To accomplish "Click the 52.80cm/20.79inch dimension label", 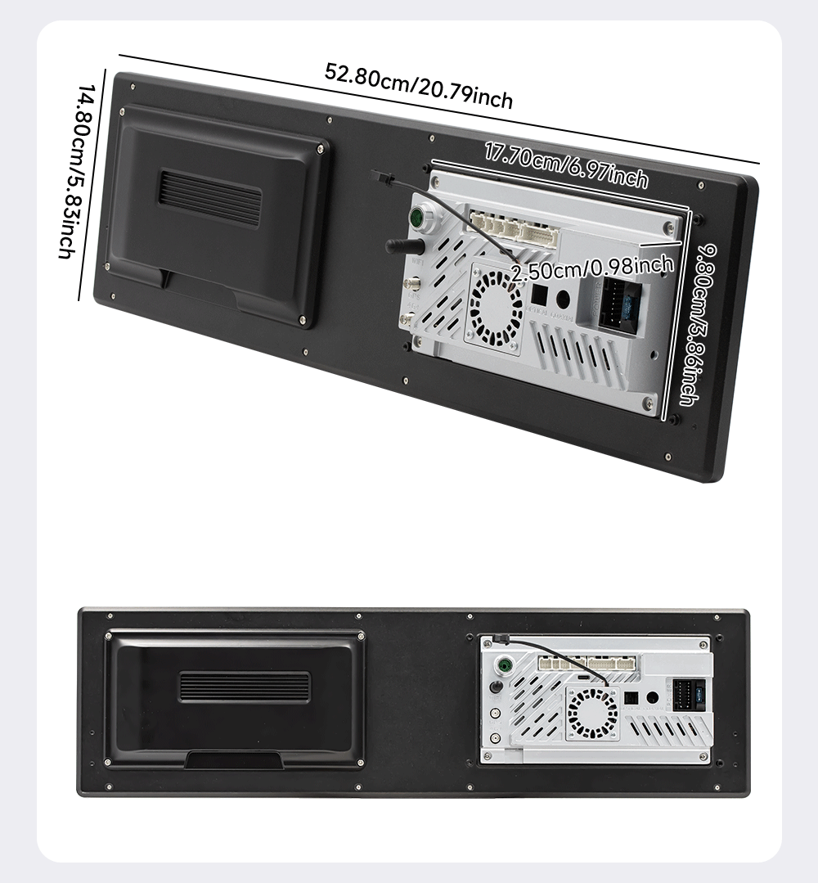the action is point(419,84).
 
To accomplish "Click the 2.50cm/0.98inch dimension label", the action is point(591,267).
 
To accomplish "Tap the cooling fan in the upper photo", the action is point(494,306).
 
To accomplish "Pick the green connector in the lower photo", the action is point(506,665).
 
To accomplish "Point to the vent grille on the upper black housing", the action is point(209,198).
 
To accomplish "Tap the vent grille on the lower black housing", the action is point(245,687).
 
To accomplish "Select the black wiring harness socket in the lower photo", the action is point(685,698).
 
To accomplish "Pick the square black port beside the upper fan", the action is point(539,292).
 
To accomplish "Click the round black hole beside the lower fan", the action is point(653,698).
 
